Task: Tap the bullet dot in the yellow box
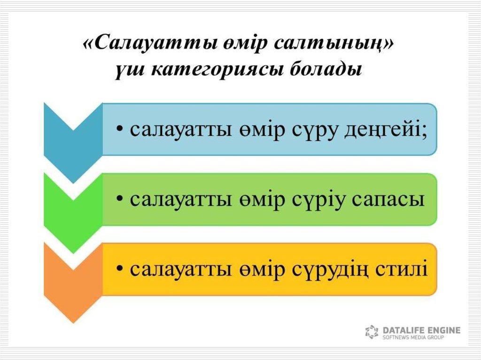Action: pos(120,268)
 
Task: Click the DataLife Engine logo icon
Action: pos(372,332)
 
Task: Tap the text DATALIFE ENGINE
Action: pos(421,330)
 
